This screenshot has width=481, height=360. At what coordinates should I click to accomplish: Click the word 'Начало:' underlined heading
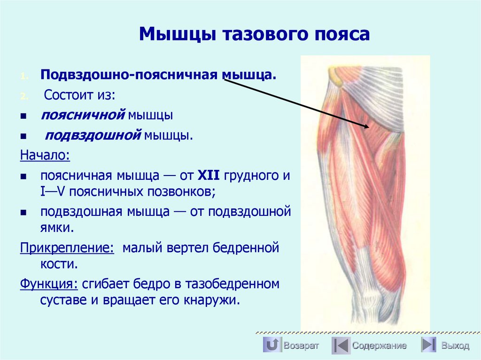[x=45, y=155]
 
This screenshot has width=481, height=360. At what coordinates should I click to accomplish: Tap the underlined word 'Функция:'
[x=48, y=284]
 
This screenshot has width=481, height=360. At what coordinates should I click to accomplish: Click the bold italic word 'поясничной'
[x=83, y=115]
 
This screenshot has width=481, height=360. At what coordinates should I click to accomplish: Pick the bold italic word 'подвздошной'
[x=93, y=136]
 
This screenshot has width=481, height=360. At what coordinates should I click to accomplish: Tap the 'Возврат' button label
[x=301, y=345]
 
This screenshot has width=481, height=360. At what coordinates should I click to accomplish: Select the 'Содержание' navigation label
[x=380, y=345]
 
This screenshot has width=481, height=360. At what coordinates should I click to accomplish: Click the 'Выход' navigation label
[x=455, y=346]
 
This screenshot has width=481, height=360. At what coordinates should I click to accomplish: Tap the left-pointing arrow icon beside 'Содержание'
[x=341, y=345]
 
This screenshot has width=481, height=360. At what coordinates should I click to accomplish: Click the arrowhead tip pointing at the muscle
[x=369, y=126]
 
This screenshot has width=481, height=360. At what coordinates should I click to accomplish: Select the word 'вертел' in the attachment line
[x=186, y=247]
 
